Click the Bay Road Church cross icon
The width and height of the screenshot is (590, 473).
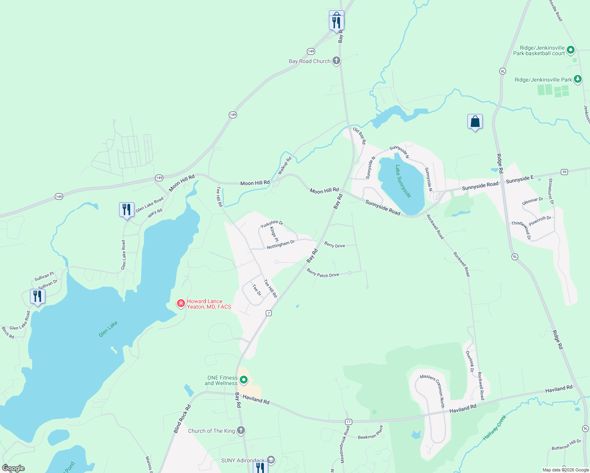(336, 61)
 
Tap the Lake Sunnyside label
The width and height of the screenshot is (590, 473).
(403, 181)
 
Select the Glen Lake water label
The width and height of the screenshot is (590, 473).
(108, 329)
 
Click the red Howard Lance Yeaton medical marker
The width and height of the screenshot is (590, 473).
(181, 303)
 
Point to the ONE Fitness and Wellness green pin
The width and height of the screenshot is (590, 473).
(244, 380)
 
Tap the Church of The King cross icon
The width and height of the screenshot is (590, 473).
(241, 430)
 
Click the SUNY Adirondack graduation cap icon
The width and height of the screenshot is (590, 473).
(271, 460)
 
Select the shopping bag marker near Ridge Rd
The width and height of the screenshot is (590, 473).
(475, 122)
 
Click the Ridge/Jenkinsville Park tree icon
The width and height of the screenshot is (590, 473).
(577, 79)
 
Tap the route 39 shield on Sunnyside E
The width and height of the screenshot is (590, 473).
(564, 172)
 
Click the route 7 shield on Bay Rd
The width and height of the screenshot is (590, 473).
(269, 313)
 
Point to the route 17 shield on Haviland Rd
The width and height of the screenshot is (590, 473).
(348, 422)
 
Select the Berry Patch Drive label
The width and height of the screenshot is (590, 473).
(323, 273)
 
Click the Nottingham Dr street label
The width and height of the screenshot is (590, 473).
(280, 245)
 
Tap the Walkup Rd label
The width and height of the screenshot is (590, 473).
(284, 166)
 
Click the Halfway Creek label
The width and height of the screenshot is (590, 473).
(494, 427)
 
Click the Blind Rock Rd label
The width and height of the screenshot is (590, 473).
(182, 419)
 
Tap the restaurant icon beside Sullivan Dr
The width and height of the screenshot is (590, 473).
(37, 296)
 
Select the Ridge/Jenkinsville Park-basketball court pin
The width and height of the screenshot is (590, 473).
(570, 50)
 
